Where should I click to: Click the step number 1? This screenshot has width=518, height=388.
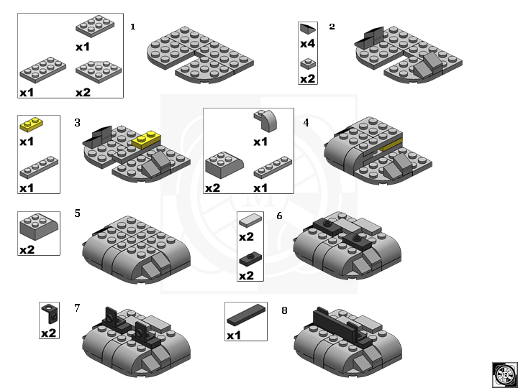[133, 27]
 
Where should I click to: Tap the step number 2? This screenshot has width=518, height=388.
[332, 27]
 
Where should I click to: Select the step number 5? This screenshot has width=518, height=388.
[77, 213]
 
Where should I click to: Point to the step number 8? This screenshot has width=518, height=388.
[284, 310]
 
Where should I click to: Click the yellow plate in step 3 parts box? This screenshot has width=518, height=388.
[32, 124]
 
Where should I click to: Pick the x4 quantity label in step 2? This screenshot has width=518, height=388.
[308, 44]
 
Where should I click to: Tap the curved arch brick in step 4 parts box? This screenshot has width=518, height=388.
[266, 121]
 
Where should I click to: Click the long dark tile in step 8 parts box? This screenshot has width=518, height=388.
[246, 315]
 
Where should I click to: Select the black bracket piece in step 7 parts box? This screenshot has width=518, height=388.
[50, 313]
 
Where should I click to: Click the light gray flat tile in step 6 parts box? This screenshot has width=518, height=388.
[250, 220]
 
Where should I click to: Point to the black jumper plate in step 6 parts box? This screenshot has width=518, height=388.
[250, 259]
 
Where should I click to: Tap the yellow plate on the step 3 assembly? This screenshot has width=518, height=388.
[147, 139]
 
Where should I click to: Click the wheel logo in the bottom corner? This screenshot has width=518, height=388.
[505, 375]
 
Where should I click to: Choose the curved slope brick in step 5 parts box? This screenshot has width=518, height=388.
[39, 226]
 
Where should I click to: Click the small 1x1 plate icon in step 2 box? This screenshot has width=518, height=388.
[308, 64]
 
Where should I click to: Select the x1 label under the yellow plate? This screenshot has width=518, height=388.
[27, 142]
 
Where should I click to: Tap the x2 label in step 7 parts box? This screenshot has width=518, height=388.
[49, 333]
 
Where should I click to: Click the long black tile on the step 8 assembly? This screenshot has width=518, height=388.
[336, 325]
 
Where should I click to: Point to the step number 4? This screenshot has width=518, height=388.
[306, 123]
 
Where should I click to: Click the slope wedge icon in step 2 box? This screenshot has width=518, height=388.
[308, 29]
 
